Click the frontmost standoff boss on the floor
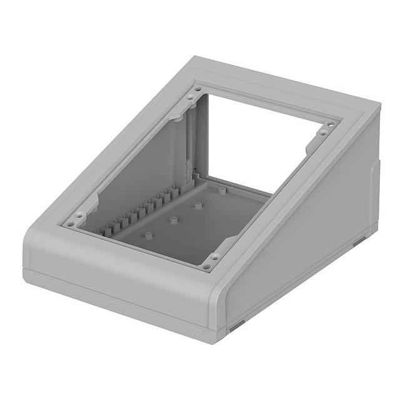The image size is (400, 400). coord(149,234)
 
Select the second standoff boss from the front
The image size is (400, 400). coord(174,219)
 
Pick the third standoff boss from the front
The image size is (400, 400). coord(197,204)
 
